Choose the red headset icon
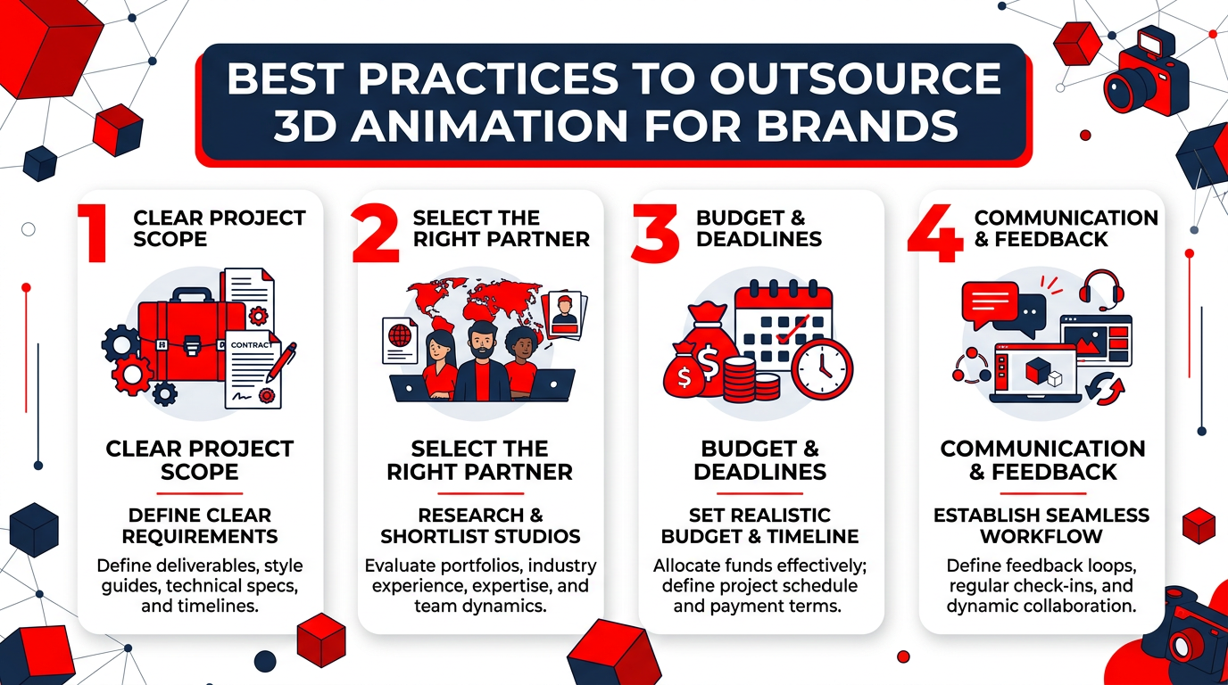(1099, 291)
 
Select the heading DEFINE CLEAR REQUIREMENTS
(200, 525)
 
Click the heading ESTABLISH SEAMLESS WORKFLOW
(1041, 525)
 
